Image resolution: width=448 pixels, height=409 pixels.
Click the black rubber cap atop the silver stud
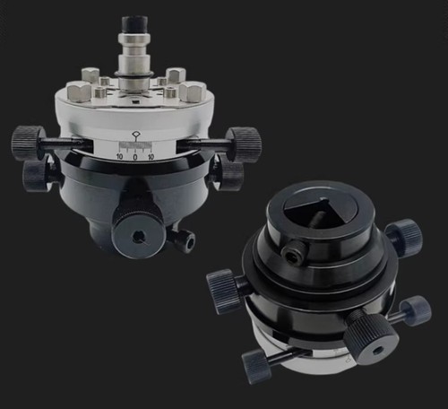click(x=134, y=25)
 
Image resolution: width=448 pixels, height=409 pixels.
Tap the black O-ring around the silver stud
click(x=134, y=74)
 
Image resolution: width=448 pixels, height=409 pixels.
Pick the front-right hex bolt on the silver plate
click(x=193, y=91)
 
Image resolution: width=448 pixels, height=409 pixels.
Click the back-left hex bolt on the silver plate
click(x=90, y=74)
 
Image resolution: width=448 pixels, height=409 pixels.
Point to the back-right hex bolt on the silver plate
click(x=176, y=74)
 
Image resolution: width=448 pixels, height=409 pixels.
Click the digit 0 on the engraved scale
click(x=135, y=157)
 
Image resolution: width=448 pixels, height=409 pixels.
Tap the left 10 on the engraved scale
click(x=120, y=157)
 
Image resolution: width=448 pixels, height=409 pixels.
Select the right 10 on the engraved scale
click(x=151, y=157)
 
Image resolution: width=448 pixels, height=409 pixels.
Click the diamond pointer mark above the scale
click(x=136, y=135)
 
